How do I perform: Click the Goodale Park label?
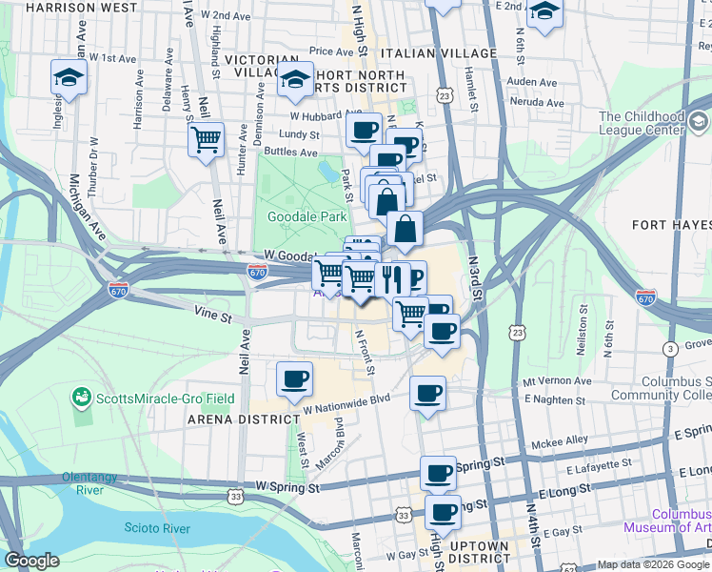pos(307,216)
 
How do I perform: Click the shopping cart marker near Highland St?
pos(206,140)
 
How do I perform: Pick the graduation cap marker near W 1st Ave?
pos(69,77)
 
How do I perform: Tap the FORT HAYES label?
pos(671,225)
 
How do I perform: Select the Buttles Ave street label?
pos(296,152)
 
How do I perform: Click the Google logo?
pos(31,561)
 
